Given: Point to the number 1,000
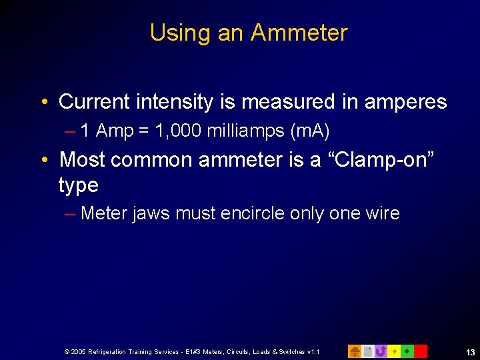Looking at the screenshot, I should [x=178, y=131].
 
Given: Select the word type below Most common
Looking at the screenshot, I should [x=79, y=185].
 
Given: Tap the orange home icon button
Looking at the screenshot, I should [x=355, y=351].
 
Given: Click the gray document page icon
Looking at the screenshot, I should [x=367, y=351].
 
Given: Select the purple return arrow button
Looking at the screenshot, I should [x=381, y=351].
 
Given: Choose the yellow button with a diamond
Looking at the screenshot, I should [x=394, y=351].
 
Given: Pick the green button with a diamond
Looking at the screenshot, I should [x=407, y=351].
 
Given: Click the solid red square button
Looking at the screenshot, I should [x=420, y=351].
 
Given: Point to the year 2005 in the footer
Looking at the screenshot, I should [x=78, y=351].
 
